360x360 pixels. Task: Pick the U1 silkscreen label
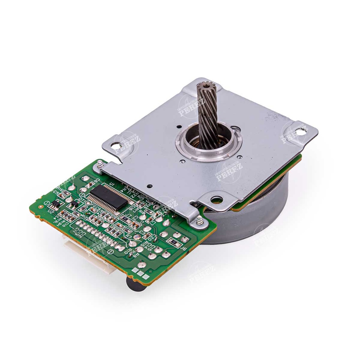pos(112,184)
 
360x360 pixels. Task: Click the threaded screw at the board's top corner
pos(100,164)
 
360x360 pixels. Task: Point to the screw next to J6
pos(200,220)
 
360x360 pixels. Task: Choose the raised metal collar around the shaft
pos(209,142)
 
